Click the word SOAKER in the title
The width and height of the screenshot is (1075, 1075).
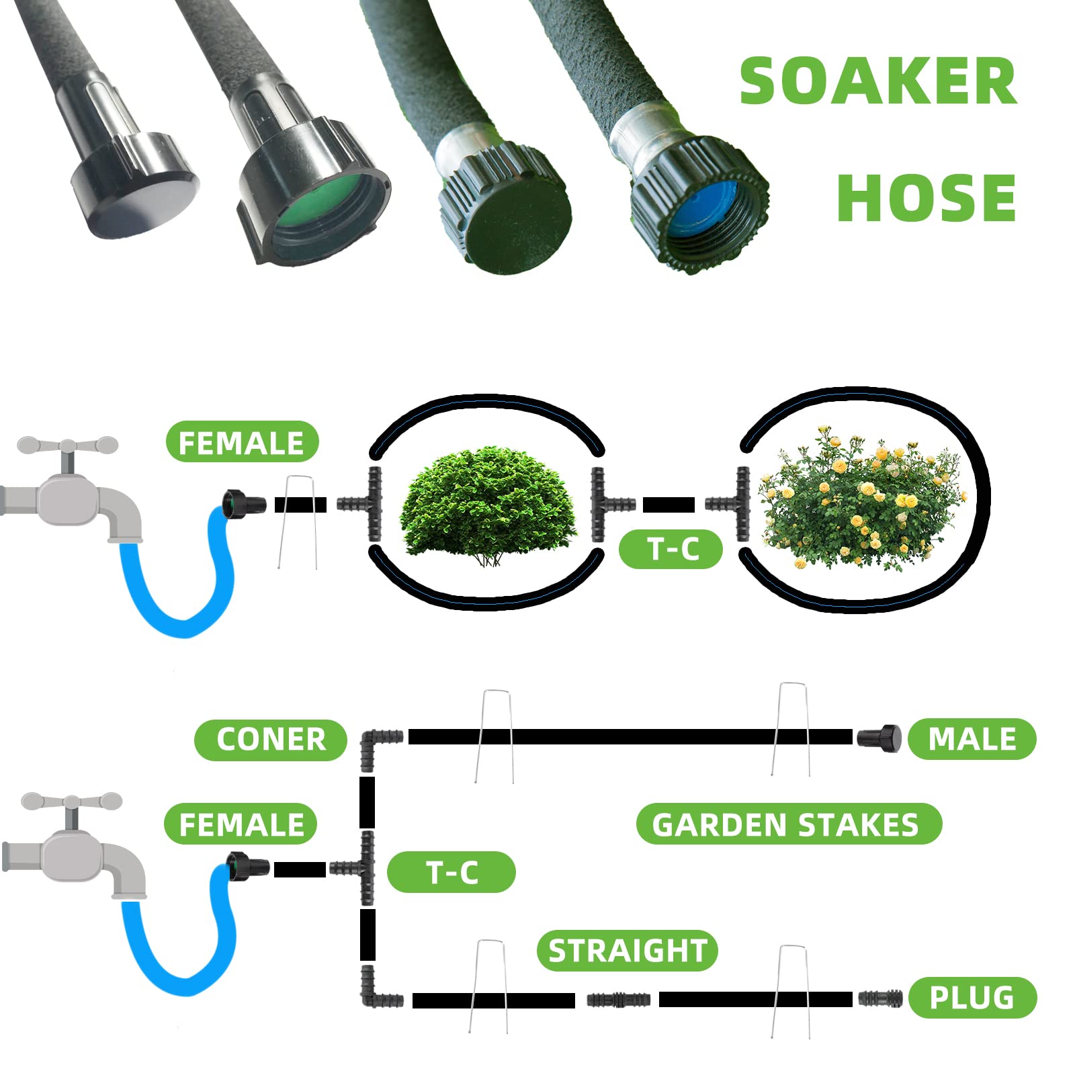click(877, 81)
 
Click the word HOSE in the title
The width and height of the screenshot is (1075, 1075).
click(926, 198)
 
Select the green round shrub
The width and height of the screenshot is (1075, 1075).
click(488, 505)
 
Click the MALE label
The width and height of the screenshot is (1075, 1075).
click(972, 739)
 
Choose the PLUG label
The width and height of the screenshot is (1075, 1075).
click(972, 998)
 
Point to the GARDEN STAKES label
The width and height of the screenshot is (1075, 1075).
click(787, 824)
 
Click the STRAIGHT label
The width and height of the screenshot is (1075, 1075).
click(628, 951)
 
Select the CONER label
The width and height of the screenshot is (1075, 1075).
click(271, 740)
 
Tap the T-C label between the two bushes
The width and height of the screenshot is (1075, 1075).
click(671, 549)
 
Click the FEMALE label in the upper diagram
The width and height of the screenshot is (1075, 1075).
click(242, 442)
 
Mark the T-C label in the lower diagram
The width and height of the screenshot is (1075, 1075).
click(451, 872)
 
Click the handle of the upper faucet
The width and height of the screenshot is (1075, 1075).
click(67, 445)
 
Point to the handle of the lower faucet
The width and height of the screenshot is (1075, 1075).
click(71, 801)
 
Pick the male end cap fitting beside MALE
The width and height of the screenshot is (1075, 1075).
click(879, 738)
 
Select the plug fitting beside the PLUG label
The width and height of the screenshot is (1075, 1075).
click(879, 998)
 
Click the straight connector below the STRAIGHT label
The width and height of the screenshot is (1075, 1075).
click(617, 999)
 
